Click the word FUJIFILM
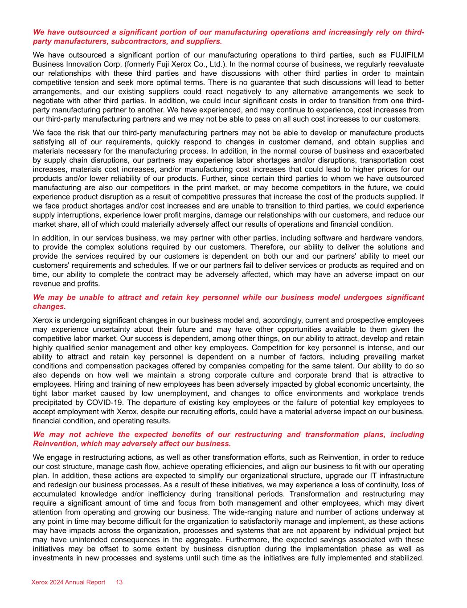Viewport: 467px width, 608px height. pos(407,55)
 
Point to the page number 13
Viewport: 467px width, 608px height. pos(119,583)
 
